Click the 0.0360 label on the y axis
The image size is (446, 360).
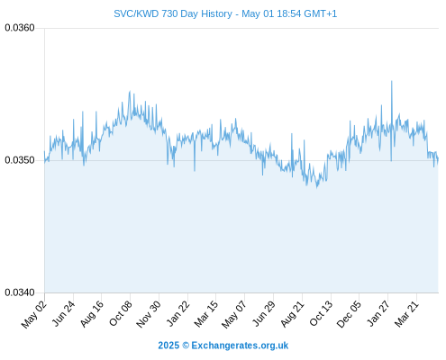click(x=20, y=28)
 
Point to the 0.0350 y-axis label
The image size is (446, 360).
click(x=20, y=160)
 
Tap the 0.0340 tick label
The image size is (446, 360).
click(x=20, y=292)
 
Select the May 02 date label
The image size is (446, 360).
click(x=34, y=313)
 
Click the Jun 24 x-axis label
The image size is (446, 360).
click(x=63, y=313)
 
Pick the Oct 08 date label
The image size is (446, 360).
click(x=121, y=313)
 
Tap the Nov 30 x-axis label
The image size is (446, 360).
click(x=149, y=314)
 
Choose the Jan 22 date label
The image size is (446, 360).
click(x=177, y=313)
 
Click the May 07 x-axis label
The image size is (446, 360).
click(x=234, y=314)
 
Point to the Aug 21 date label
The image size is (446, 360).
click(x=293, y=314)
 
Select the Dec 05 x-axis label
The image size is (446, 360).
click(x=350, y=314)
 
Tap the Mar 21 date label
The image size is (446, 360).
click(x=406, y=313)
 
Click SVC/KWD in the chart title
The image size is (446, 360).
click(x=136, y=13)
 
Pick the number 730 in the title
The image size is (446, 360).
click(x=169, y=13)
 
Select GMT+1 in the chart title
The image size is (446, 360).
click(x=320, y=13)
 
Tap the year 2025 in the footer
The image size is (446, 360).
click(x=168, y=346)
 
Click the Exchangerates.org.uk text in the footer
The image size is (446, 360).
click(x=240, y=346)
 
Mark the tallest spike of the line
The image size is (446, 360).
click(x=391, y=81)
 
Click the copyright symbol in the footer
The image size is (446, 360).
click(x=186, y=346)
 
